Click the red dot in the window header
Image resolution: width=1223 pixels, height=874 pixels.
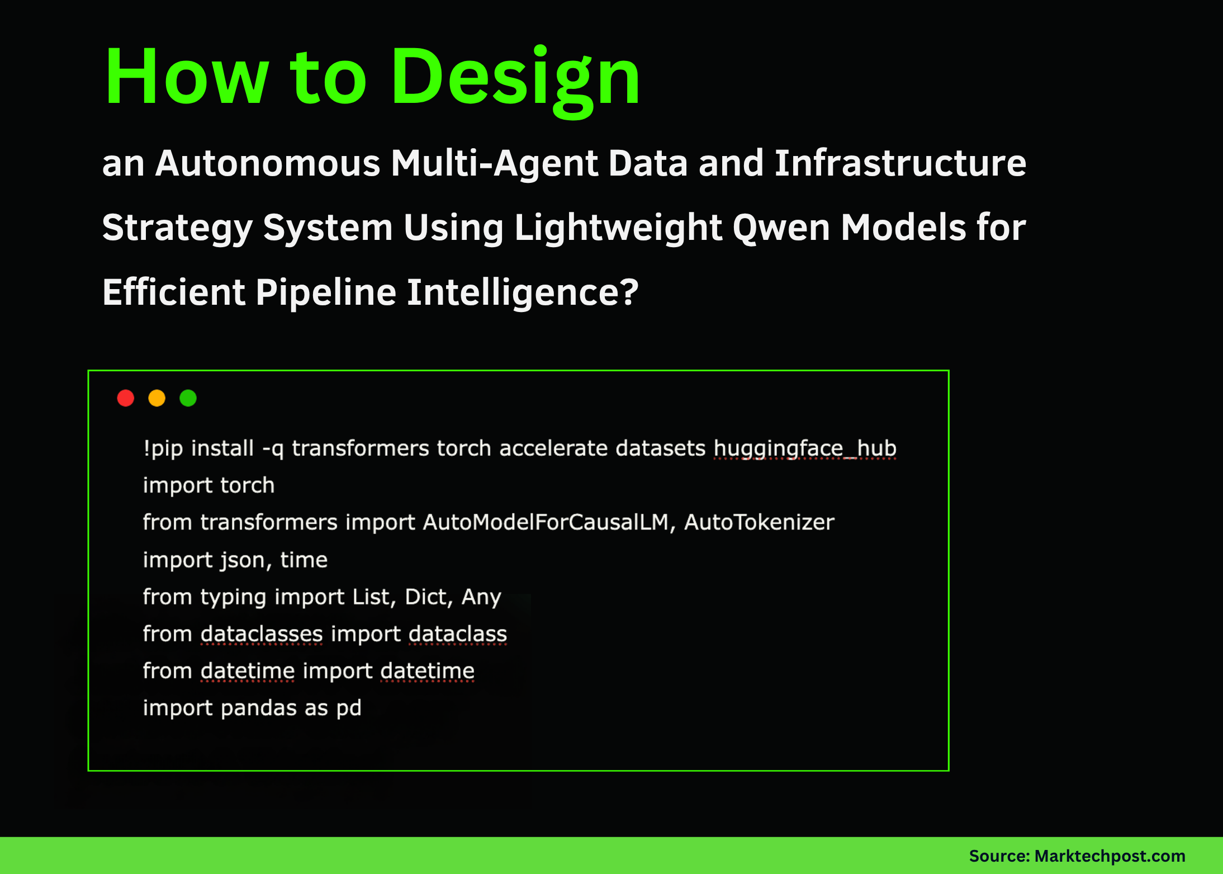click(x=126, y=398)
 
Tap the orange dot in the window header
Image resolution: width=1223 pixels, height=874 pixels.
click(x=157, y=398)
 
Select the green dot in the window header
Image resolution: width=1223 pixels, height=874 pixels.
click(x=188, y=398)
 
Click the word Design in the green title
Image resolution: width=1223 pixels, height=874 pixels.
click(x=515, y=77)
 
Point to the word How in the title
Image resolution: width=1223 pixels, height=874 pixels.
click(x=187, y=77)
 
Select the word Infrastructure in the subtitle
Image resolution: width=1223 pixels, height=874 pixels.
click(x=900, y=163)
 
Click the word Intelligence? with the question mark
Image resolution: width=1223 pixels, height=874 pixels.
click(x=522, y=292)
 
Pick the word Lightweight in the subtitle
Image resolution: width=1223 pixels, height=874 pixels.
click(x=618, y=228)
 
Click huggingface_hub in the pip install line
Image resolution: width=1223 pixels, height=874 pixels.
click(x=805, y=448)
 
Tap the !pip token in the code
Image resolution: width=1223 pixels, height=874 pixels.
click(x=163, y=448)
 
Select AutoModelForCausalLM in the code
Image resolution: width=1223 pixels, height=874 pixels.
click(x=546, y=522)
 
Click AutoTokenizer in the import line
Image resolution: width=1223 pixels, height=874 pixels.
click(x=759, y=522)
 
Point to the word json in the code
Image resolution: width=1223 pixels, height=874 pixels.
click(x=245, y=560)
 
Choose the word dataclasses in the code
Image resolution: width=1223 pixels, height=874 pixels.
click(x=262, y=634)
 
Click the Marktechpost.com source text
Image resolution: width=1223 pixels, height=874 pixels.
click(x=1110, y=856)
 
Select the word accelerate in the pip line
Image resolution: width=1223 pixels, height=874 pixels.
click(x=553, y=448)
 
